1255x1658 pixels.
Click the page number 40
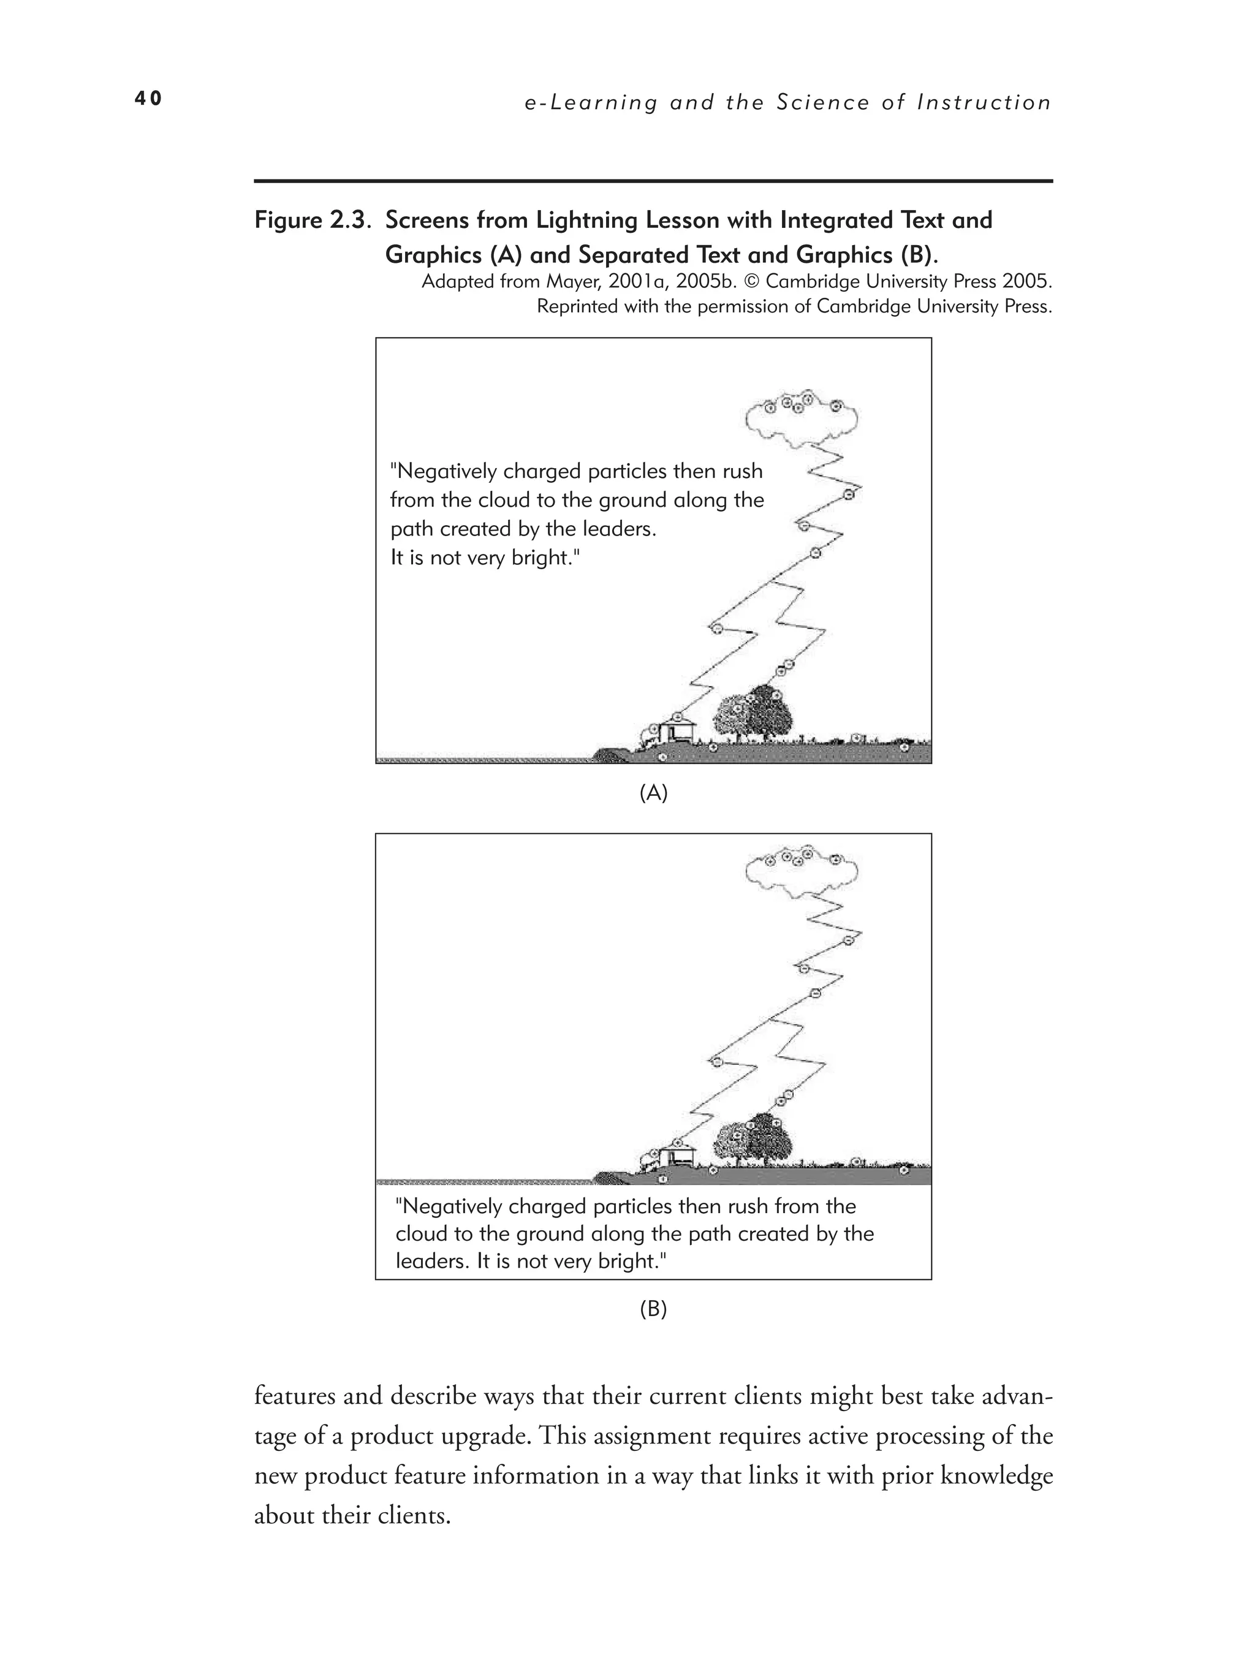click(148, 98)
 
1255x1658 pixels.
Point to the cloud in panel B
click(802, 872)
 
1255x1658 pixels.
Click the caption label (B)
click(653, 1309)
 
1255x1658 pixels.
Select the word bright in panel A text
click(543, 558)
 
